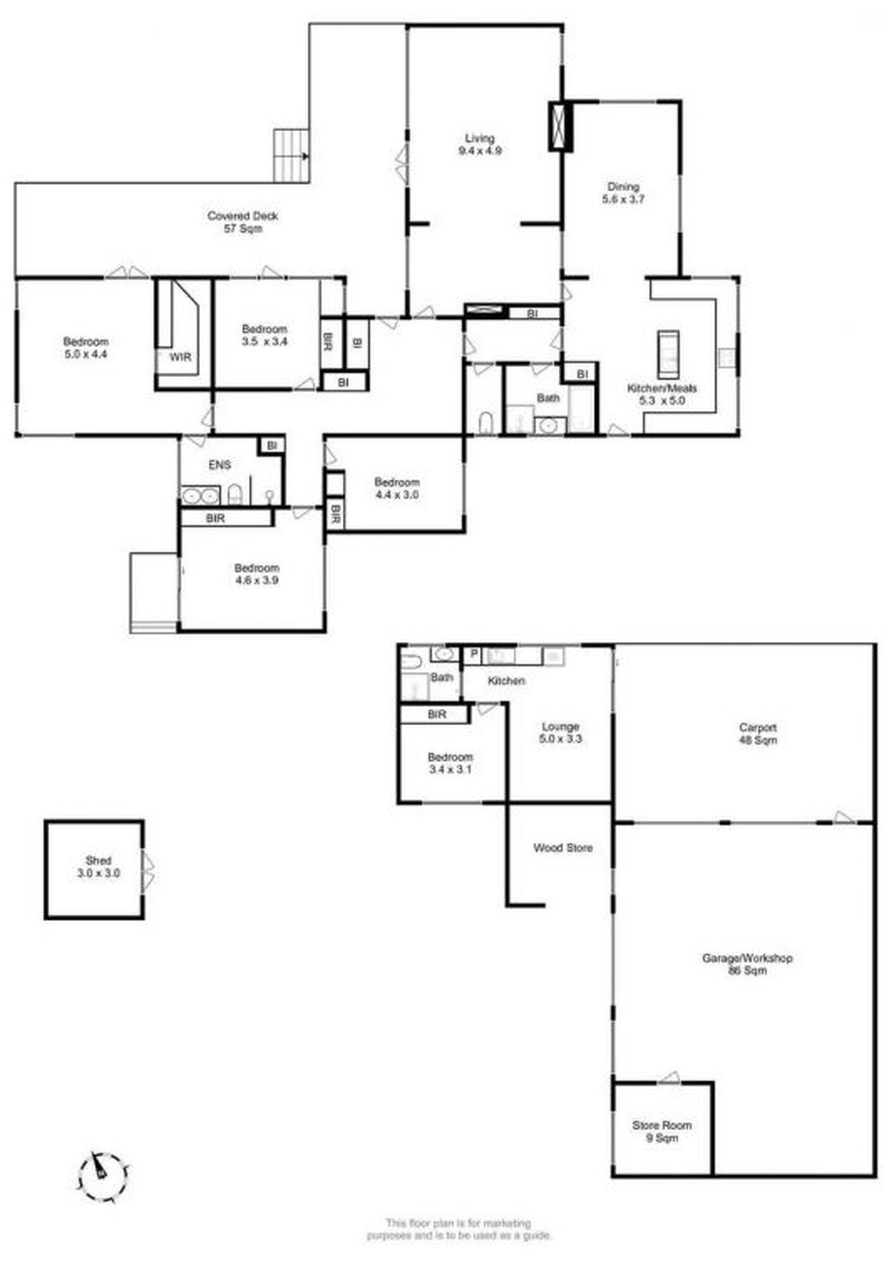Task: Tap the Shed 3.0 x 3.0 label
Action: (x=99, y=867)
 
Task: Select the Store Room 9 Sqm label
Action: (x=662, y=1131)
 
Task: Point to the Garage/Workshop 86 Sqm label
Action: (x=748, y=964)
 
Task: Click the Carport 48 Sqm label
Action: (x=758, y=733)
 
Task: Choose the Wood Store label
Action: (x=563, y=848)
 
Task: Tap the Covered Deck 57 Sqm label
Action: (x=243, y=222)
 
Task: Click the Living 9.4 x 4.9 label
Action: (x=480, y=145)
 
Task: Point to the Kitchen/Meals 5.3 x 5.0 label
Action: (x=662, y=395)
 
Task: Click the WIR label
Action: (x=180, y=357)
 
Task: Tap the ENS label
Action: (x=220, y=465)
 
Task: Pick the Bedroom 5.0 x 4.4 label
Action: (x=86, y=348)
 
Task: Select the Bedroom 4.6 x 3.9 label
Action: (x=256, y=574)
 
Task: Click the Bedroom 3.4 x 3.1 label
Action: (x=450, y=763)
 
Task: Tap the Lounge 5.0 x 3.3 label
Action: (x=561, y=732)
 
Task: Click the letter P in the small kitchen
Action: (x=473, y=654)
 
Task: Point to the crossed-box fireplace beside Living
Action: (x=561, y=126)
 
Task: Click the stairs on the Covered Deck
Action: (x=291, y=156)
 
